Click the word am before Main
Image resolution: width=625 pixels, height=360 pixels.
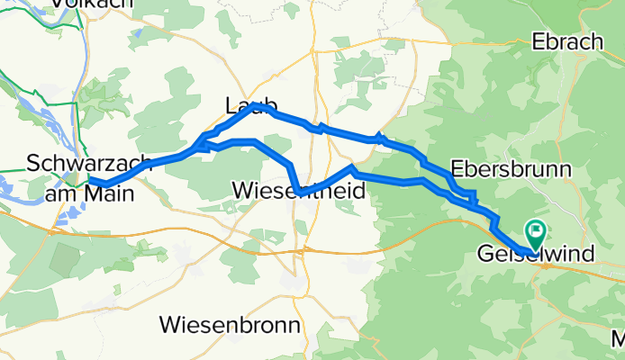tap(64, 190)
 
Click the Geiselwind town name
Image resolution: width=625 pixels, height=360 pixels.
tap(535, 255)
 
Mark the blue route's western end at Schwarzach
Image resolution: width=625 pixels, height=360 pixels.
tap(90, 180)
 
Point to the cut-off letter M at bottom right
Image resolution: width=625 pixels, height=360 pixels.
tap(618, 340)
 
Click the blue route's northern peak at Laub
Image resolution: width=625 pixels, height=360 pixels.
tap(256, 105)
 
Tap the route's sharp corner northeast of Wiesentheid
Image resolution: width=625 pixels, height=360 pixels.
tap(354, 167)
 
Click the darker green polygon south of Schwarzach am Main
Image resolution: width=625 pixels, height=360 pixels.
tap(66, 260)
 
